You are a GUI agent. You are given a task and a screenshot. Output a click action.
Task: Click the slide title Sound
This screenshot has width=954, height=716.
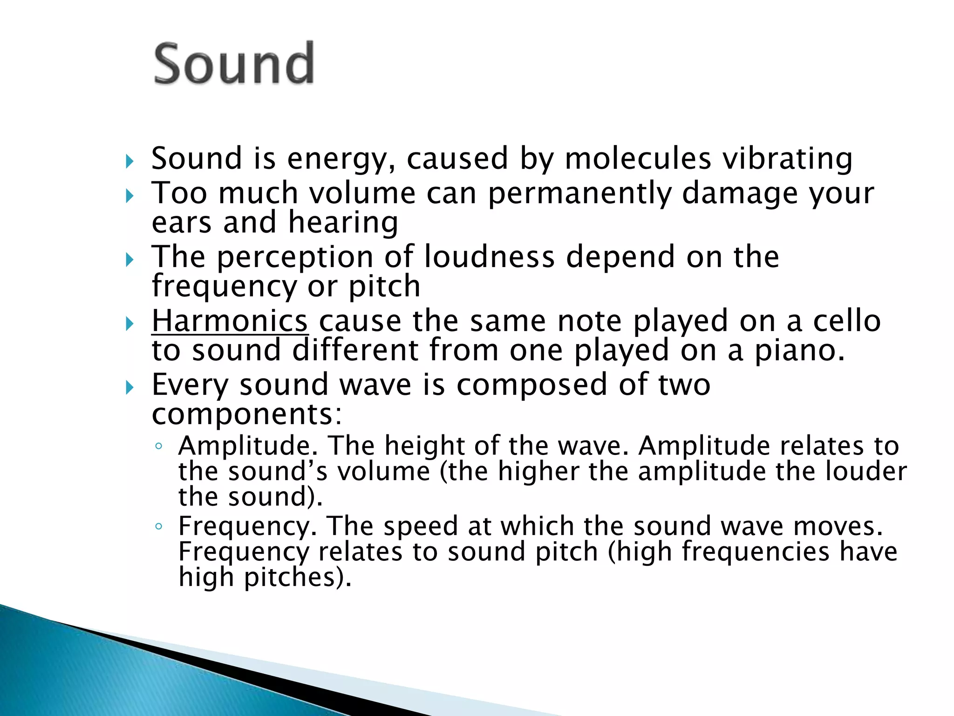point(234,63)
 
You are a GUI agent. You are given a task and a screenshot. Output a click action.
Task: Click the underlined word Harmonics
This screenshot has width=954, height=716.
point(230,321)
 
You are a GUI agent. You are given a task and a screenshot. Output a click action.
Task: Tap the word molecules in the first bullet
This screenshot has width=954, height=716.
point(638,158)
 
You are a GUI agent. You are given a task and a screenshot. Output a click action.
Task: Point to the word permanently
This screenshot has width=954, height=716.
point(579,194)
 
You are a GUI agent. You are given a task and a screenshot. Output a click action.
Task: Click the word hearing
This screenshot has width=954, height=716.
point(343,223)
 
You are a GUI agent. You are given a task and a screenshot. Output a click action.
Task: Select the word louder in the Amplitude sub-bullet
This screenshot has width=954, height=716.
point(866,471)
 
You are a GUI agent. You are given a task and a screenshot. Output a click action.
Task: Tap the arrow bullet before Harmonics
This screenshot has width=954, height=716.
point(129,323)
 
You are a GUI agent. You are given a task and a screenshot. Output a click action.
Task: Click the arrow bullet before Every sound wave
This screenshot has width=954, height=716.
point(129,387)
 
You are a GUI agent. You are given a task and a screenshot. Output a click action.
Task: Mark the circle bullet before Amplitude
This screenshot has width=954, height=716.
point(159,447)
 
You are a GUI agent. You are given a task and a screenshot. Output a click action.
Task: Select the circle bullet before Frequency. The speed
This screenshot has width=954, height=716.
point(159,527)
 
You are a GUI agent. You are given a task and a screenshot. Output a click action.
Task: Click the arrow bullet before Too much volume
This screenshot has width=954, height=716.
point(129,196)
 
